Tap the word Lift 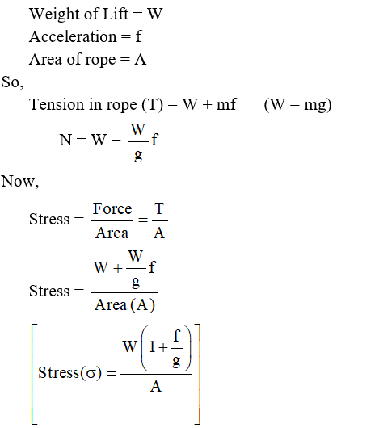click(115, 14)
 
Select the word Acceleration click(73, 36)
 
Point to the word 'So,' click(13, 82)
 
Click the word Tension click(57, 104)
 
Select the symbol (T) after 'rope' click(153, 105)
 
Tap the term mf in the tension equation click(226, 104)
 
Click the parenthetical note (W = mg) click(297, 105)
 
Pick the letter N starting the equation click(65, 140)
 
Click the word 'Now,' click(20, 182)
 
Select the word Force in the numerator click(112, 209)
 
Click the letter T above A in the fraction click(159, 209)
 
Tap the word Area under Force click(112, 233)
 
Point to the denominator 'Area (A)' click(124, 305)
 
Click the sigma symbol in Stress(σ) click(91, 374)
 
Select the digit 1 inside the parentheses click(152, 347)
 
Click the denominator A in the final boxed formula click(156, 387)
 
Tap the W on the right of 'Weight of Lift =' click(155, 15)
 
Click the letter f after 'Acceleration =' click(138, 36)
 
